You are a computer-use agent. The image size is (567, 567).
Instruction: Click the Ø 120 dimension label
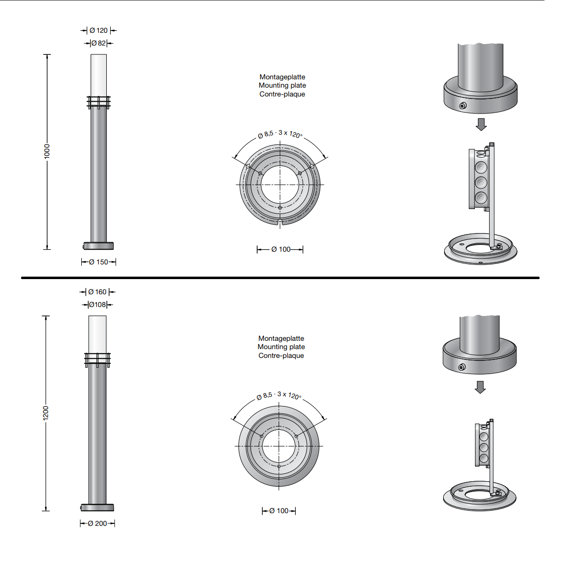pyautogui.click(x=99, y=30)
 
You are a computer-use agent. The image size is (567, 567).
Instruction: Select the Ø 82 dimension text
pyautogui.click(x=98, y=43)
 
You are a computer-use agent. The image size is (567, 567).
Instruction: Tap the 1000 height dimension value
pyautogui.click(x=47, y=151)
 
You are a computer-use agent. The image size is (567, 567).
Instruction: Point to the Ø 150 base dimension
pyautogui.click(x=98, y=262)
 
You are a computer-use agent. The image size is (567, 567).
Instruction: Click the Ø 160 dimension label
pyautogui.click(x=97, y=292)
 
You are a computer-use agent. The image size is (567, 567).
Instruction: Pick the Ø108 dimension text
pyautogui.click(x=97, y=305)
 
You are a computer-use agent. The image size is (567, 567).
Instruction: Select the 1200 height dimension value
pyautogui.click(x=46, y=413)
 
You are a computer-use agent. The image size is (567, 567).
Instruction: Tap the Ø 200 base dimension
pyautogui.click(x=97, y=523)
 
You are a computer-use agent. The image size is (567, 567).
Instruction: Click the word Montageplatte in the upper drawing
pyautogui.click(x=283, y=77)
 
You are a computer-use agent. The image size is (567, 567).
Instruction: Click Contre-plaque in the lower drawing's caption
pyautogui.click(x=282, y=355)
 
